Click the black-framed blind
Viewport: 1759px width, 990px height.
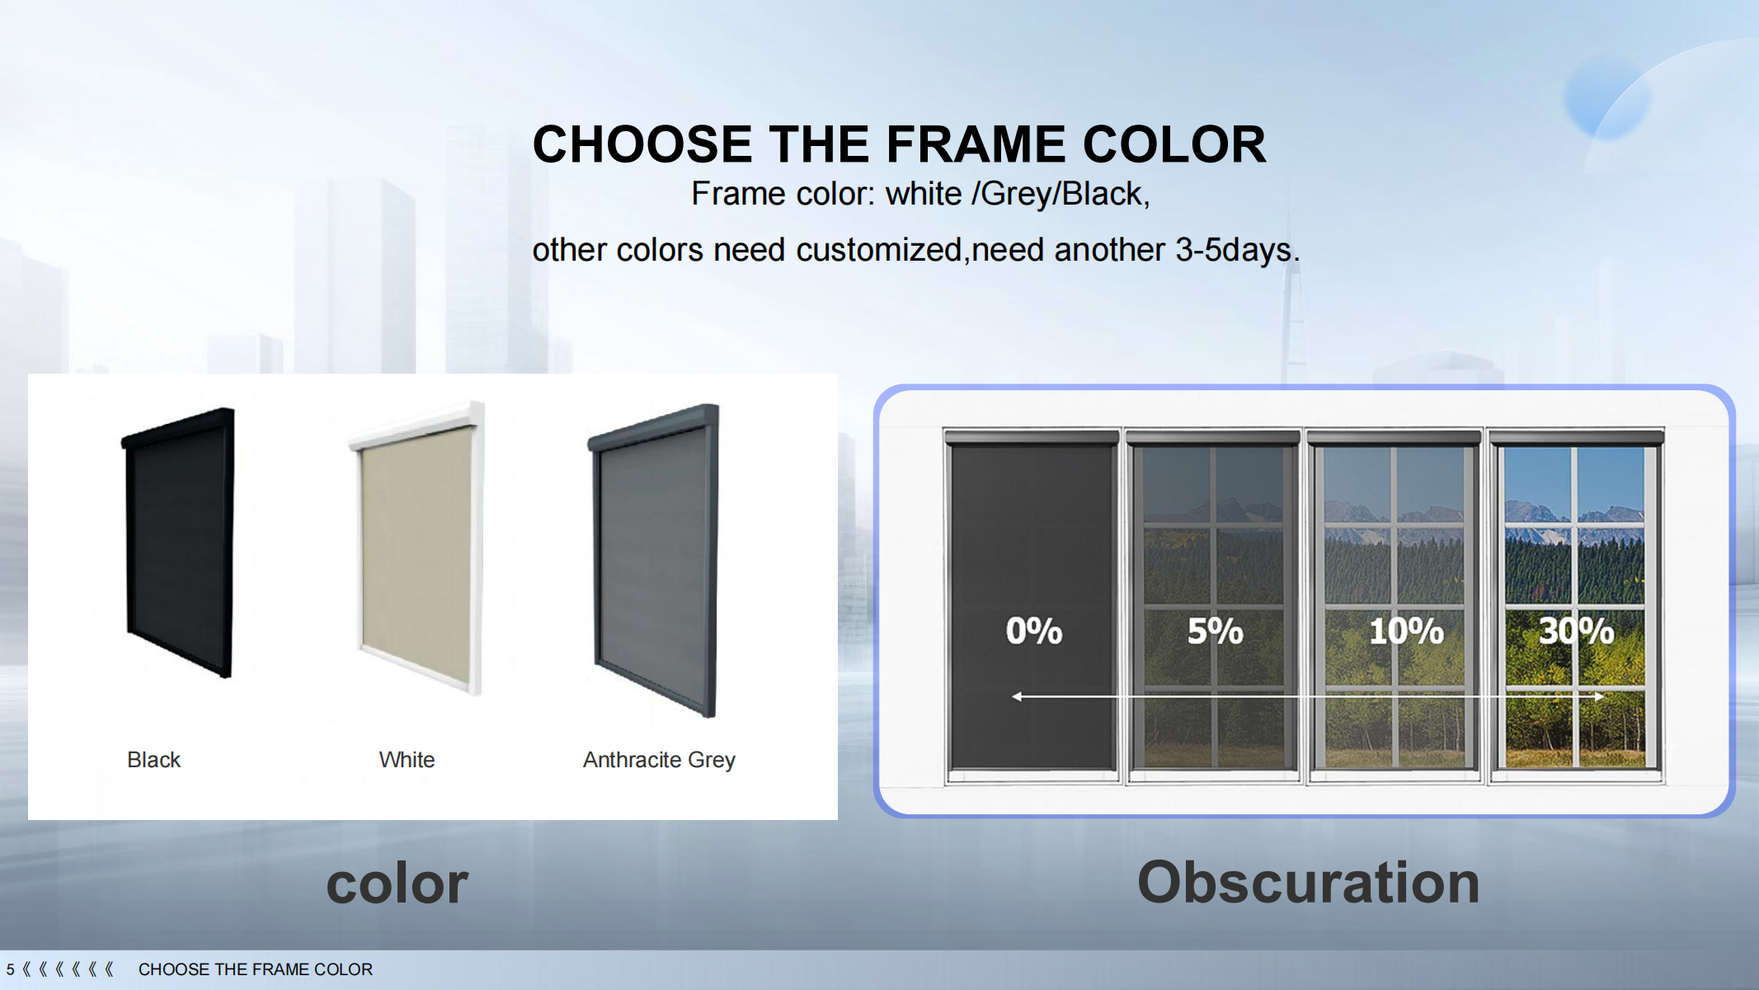pos(179,543)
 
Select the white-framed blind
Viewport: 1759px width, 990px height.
pos(417,548)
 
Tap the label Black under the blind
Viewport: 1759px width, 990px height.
pos(153,760)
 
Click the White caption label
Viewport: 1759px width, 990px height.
pos(407,760)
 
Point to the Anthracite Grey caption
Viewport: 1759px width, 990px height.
pos(659,760)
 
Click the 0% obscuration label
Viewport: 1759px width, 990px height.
pos(1034,631)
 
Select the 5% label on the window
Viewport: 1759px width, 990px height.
pos(1216,631)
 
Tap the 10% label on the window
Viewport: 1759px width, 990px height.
pos(1407,631)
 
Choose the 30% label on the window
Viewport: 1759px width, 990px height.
pos(1577,631)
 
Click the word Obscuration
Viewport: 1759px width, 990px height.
pos(1309,882)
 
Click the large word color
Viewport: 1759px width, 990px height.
pos(397,884)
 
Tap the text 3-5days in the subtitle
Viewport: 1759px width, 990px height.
pos(1237,250)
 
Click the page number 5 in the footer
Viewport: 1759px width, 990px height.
pos(11,969)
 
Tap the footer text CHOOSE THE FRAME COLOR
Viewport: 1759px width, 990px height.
pos(256,969)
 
